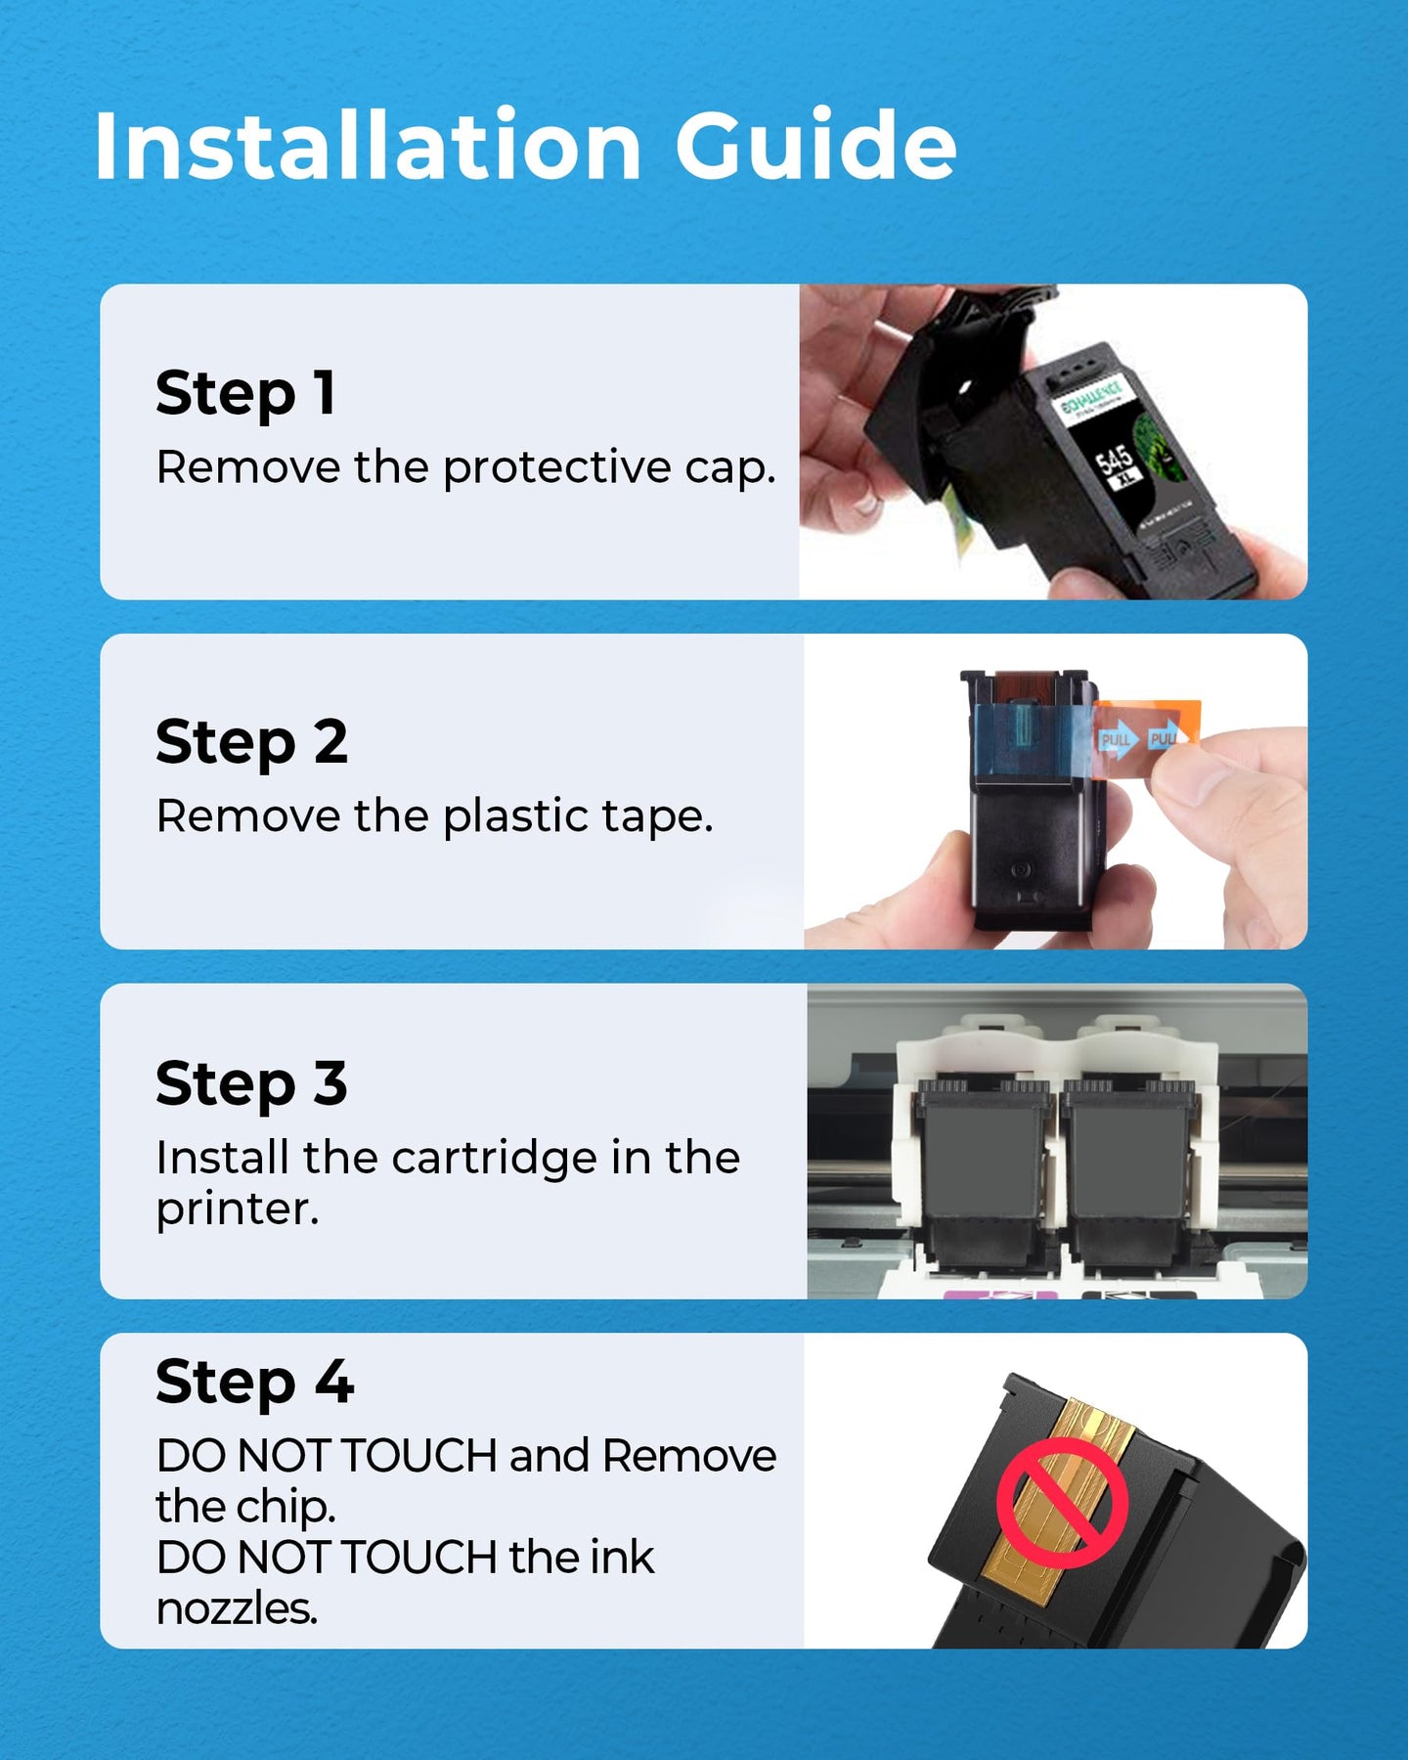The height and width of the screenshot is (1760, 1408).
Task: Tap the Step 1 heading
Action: (245, 394)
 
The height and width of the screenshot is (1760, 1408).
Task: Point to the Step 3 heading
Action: (251, 1084)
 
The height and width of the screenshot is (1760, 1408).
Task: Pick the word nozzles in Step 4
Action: (237, 1609)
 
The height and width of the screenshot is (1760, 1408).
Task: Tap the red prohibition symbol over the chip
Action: (1063, 1503)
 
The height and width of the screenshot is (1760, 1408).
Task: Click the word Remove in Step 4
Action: (689, 1456)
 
